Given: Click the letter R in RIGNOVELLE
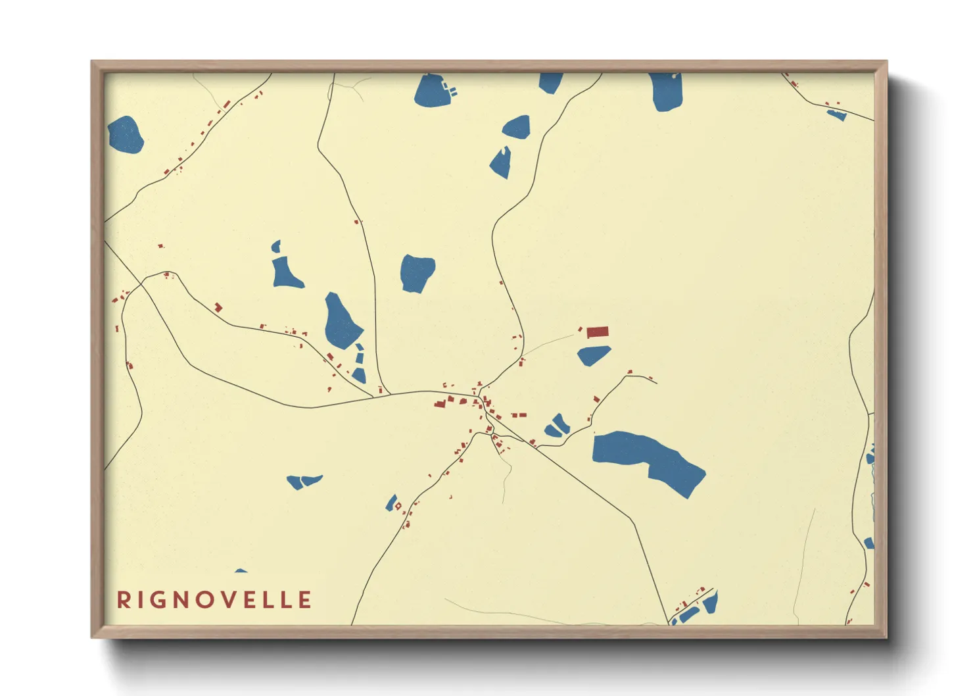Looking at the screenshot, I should tap(122, 600).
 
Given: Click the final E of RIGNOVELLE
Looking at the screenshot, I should tap(304, 600).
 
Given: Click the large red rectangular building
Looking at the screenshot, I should tap(598, 332).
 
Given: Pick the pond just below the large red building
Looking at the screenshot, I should tap(593, 356).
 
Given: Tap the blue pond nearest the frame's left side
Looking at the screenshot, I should tap(125, 135).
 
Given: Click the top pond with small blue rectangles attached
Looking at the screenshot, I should tap(431, 91).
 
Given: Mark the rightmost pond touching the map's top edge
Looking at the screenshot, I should tap(667, 91).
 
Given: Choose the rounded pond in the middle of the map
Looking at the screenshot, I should tap(417, 272).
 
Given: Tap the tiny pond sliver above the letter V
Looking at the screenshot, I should tap(241, 571).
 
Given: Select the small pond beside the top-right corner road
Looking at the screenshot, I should tap(837, 115).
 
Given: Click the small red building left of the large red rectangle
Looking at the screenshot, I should tap(580, 329).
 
